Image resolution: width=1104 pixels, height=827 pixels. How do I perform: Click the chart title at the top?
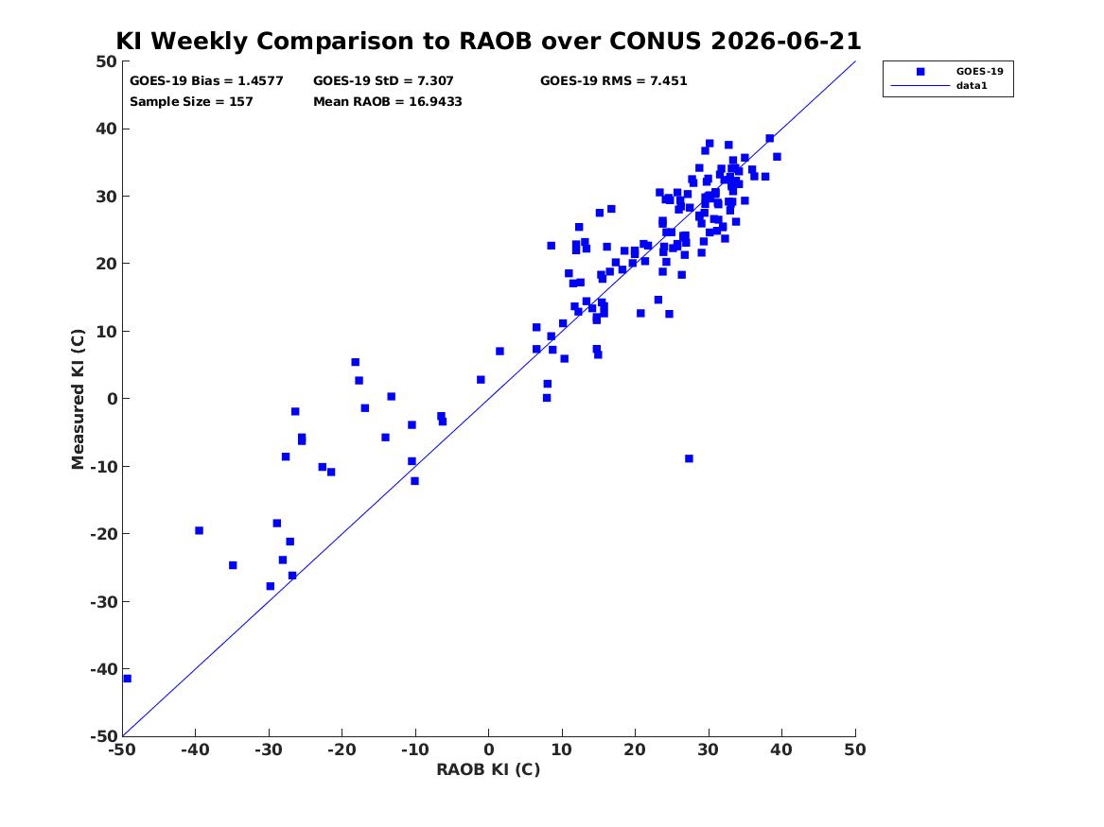point(488,41)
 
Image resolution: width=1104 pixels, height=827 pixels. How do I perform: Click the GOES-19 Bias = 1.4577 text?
point(206,81)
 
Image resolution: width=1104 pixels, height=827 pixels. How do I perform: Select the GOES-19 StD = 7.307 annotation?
point(384,81)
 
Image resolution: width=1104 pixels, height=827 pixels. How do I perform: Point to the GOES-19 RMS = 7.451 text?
point(613,81)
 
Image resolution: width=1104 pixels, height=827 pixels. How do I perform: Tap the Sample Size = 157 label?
point(191,101)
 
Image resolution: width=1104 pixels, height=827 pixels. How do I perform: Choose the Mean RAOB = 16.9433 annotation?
point(388,101)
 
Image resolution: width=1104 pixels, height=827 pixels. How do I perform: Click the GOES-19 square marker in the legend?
point(920,71)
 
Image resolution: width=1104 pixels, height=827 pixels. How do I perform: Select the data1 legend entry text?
point(972,86)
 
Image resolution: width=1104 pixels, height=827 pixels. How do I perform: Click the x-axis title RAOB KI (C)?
point(488,769)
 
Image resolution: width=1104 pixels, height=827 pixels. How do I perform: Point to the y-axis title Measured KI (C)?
point(78,399)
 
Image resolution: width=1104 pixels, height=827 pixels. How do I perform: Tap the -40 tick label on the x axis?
point(195,749)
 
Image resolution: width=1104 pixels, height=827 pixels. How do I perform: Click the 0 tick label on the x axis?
point(489,749)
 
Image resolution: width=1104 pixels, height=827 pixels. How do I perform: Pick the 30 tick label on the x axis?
point(709,749)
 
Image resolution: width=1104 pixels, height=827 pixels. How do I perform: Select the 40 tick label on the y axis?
point(106,129)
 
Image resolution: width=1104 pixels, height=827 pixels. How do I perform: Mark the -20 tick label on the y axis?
point(103,534)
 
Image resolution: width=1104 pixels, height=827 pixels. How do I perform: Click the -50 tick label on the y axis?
point(103,736)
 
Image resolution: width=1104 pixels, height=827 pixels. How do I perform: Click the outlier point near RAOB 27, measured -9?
point(689,458)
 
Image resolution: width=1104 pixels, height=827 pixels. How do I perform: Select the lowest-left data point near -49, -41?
point(128,679)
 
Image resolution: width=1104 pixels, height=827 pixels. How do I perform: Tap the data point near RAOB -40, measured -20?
point(200,530)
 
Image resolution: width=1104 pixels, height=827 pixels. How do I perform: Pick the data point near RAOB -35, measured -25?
point(233,565)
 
